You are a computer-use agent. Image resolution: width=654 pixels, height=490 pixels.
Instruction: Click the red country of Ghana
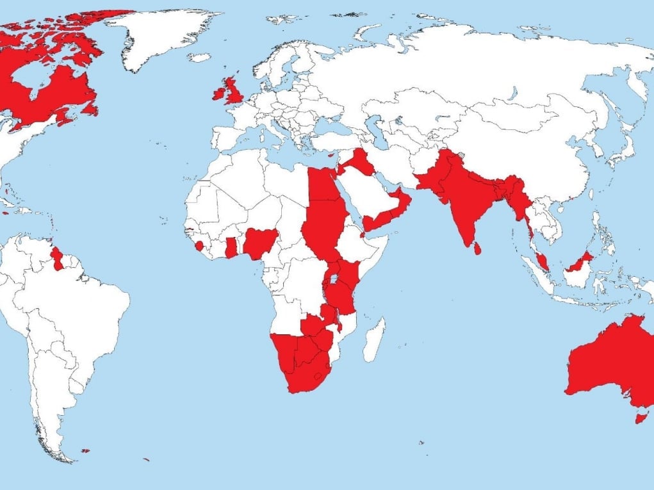tap(231, 247)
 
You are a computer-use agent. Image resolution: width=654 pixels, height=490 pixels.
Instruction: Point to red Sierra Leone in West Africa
tap(200, 246)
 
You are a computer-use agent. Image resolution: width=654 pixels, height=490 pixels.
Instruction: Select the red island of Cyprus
tap(331, 154)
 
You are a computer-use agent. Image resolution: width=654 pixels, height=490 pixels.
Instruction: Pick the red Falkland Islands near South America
tap(85, 451)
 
